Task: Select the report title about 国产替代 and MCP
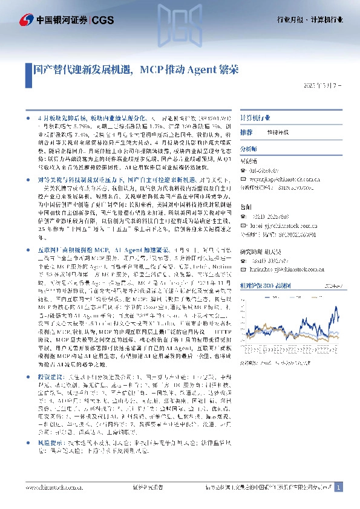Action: pyautogui.click(x=136, y=70)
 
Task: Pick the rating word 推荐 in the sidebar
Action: pyautogui.click(x=246, y=132)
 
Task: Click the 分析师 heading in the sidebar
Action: pyautogui.click(x=249, y=148)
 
